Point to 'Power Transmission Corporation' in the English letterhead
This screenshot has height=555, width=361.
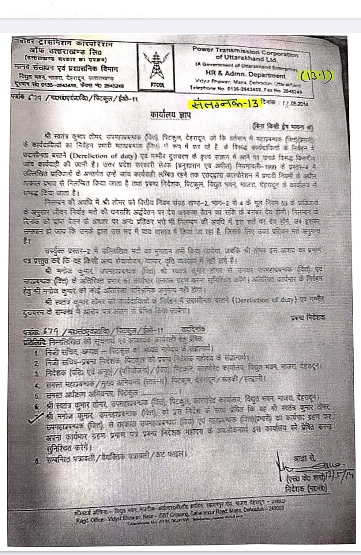(245, 51)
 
